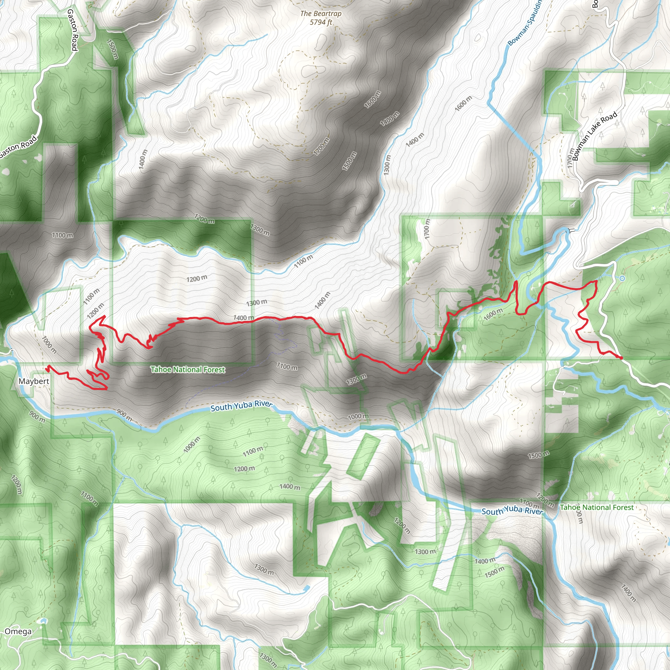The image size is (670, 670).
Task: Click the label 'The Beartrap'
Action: coord(321,13)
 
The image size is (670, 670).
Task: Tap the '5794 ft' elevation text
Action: coord(321,22)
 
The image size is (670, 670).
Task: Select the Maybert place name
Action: coord(34,381)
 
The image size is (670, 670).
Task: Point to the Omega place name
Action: coord(18,631)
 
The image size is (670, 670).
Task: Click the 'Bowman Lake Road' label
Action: coord(595,136)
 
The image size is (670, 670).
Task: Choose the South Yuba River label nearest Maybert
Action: coord(241,406)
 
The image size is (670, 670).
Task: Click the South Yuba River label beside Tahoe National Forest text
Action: coord(512,510)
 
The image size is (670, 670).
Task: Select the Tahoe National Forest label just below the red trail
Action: coord(187,370)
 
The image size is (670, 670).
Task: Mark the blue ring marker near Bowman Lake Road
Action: coord(622,278)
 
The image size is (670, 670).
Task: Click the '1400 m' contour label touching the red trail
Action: coord(243,318)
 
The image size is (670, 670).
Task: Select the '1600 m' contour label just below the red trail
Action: coord(493,314)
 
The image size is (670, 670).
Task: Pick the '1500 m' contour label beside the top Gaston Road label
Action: coord(113,49)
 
